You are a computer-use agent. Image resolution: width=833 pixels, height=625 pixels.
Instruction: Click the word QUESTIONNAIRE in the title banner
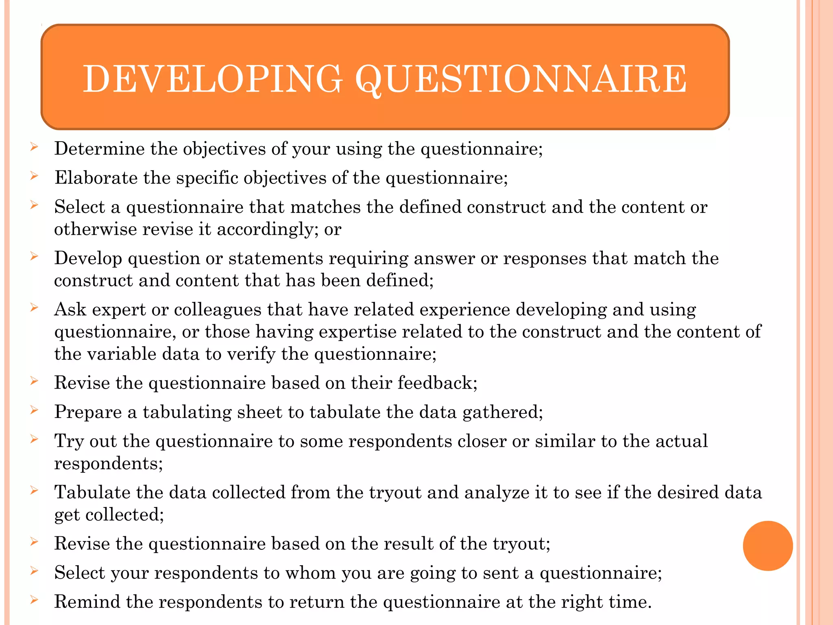click(521, 79)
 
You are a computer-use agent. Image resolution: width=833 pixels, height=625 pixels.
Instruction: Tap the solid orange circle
click(768, 546)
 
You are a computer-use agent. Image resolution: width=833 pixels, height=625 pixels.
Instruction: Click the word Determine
click(99, 149)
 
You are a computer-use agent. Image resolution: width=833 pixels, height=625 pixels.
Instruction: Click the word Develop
click(88, 259)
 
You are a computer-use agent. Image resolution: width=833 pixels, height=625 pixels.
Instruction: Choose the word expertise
click(358, 332)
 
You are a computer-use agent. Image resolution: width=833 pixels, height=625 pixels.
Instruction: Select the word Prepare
click(88, 412)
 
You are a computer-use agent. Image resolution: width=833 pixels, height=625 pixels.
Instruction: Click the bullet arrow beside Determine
click(34, 147)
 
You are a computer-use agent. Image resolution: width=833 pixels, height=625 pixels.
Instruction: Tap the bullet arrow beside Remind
click(34, 600)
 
